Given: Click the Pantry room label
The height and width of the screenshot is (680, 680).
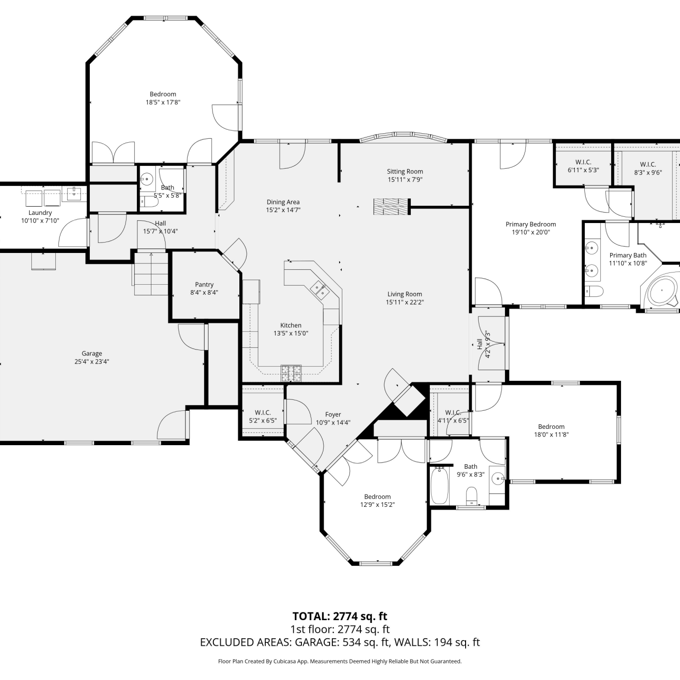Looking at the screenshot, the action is [204, 285].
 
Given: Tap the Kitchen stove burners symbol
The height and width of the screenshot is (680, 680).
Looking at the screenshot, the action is [291, 373].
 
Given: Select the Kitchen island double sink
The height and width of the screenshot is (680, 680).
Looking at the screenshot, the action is [320, 290].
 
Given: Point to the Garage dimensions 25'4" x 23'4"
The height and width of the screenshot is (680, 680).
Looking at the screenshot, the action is [92, 362].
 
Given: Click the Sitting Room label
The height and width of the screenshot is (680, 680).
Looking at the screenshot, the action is [405, 171].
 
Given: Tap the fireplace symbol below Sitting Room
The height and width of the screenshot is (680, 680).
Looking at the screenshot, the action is [392, 206].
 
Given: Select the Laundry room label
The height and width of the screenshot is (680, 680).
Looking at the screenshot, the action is [40, 213].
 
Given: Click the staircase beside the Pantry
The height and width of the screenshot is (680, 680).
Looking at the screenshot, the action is [151, 274].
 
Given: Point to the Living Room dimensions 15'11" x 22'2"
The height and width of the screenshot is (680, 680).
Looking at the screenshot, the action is [404, 302].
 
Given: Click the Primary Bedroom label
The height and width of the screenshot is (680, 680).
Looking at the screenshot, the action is [530, 224].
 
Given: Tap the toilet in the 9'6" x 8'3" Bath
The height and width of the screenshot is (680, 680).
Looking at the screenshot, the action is [472, 495].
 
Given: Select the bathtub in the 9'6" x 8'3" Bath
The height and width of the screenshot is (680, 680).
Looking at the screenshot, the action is [439, 486].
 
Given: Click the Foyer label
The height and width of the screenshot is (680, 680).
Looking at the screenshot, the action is [333, 415].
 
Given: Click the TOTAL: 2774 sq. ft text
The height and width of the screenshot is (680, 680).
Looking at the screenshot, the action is [340, 616].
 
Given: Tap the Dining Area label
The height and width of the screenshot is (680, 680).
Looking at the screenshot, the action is [283, 202].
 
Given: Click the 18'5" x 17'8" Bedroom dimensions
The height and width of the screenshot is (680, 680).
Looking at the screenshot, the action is [163, 102].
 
